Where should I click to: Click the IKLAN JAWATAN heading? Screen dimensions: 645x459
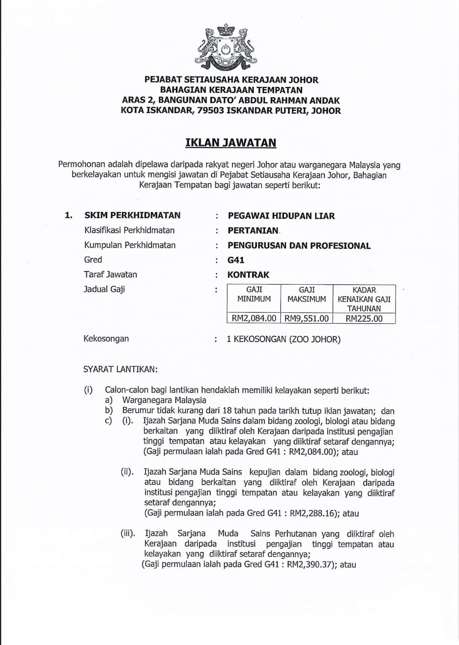pyautogui.click(x=231, y=143)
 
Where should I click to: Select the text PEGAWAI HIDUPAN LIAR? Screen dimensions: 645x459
pyautogui.click(x=281, y=216)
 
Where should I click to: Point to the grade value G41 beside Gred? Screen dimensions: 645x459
pyautogui.click(x=236, y=260)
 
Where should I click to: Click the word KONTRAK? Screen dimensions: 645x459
pyautogui.click(x=248, y=275)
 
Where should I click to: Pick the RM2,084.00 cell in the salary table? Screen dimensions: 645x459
pyautogui.click(x=254, y=318)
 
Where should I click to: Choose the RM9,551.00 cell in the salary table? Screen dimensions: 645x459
pyautogui.click(x=306, y=318)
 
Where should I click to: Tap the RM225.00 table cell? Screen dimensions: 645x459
pyautogui.click(x=364, y=318)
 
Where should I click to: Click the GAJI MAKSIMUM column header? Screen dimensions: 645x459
pyautogui.click(x=306, y=294)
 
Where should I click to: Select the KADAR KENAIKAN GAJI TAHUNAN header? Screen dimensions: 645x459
pyautogui.click(x=364, y=299)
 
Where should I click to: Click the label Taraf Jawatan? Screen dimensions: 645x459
pyautogui.click(x=111, y=275)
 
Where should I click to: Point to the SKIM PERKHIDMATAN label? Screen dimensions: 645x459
pyautogui.click(x=132, y=215)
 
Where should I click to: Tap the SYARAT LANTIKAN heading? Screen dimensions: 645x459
pyautogui.click(x=120, y=369)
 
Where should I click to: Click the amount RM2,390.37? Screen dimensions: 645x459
pyautogui.click(x=310, y=564)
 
